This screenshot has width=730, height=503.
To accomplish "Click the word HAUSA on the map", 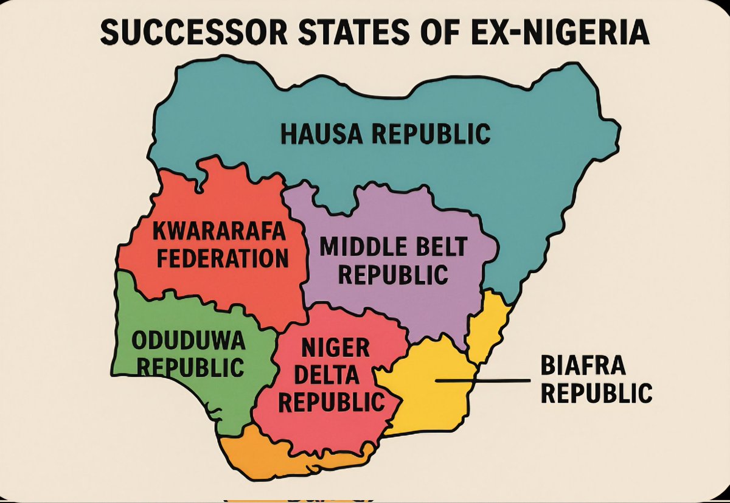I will [x=320, y=134].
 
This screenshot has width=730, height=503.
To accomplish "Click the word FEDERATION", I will [x=222, y=258].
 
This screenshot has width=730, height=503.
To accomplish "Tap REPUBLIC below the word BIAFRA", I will [x=596, y=394].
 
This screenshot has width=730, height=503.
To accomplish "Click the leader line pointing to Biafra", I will [x=481, y=381].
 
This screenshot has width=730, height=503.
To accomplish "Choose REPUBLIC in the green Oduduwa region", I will [x=189, y=367].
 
